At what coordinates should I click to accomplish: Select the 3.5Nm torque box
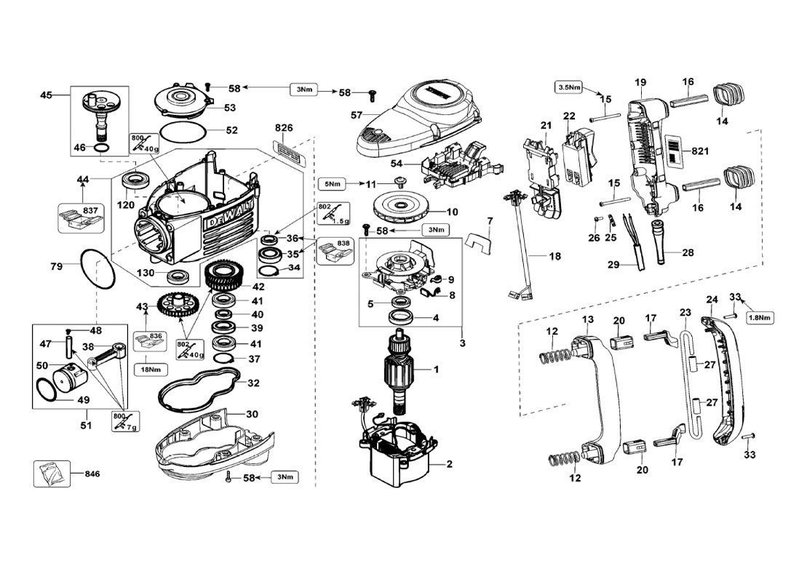570,87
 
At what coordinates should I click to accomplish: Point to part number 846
92,474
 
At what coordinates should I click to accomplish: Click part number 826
284,128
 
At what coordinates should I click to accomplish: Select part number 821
700,151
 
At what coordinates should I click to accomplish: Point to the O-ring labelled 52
181,132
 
